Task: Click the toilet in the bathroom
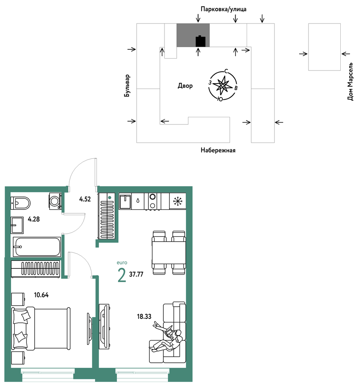click(x=20, y=203)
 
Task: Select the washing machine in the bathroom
click(x=55, y=201)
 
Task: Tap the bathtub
click(x=36, y=247)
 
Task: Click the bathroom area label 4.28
click(x=34, y=219)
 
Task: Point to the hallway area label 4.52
click(x=85, y=199)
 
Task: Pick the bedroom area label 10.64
click(x=41, y=295)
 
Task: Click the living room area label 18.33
click(x=144, y=316)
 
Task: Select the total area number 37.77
click(x=136, y=274)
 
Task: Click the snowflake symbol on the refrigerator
click(x=178, y=201)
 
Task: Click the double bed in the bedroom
click(x=41, y=328)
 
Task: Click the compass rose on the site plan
click(x=223, y=85)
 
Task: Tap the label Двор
click(x=185, y=86)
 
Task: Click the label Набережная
click(x=218, y=150)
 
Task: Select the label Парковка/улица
click(x=223, y=9)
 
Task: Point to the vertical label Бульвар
click(x=127, y=85)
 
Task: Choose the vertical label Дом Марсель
click(x=350, y=81)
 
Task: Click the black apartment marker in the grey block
click(x=201, y=41)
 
